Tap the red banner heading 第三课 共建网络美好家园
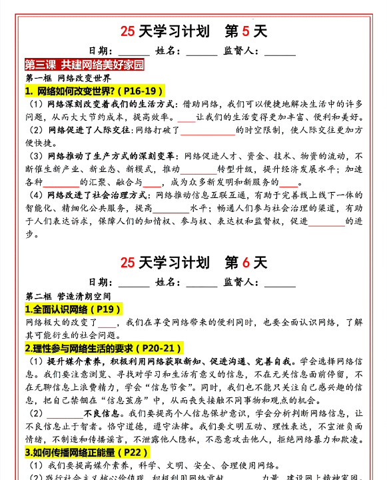(x=85, y=65)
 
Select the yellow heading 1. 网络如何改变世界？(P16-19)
(x=94, y=91)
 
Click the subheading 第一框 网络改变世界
(x=64, y=78)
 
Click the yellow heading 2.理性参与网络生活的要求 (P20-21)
(x=103, y=348)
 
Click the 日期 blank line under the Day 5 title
(x=134, y=51)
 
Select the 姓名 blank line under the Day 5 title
(x=201, y=51)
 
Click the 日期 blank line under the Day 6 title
(x=134, y=283)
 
